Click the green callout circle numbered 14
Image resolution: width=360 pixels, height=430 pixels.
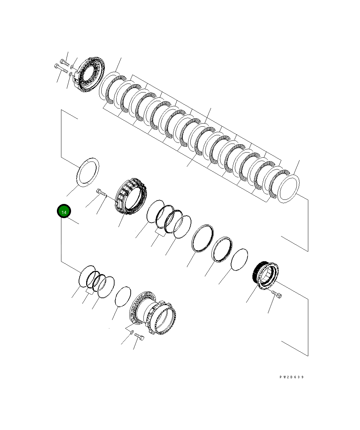[x=64, y=211]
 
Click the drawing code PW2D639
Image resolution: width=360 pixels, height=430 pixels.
[x=291, y=377]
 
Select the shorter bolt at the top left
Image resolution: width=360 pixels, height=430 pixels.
[x=64, y=62]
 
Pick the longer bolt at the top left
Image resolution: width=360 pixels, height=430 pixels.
[x=61, y=69]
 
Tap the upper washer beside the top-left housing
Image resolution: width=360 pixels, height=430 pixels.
[x=72, y=67]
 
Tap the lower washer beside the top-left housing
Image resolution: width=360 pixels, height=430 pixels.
[x=70, y=74]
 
